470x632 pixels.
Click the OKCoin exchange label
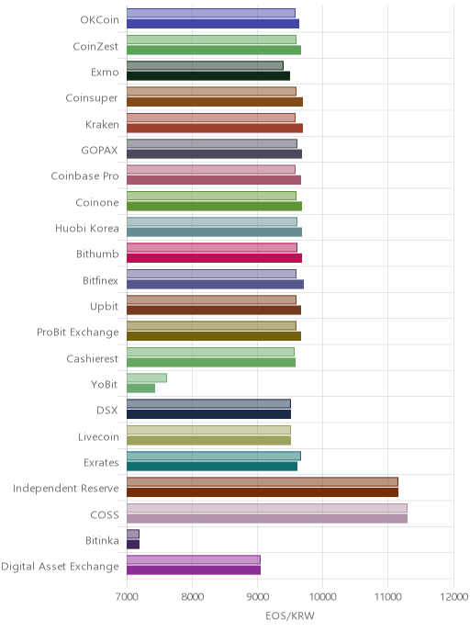99,20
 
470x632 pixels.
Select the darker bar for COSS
267,518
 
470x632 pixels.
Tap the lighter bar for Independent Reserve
263,481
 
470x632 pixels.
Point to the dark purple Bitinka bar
133,545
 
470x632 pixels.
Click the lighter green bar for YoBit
147,378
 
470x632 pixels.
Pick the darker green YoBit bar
141,389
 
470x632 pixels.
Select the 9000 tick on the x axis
257,596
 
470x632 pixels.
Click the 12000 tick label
453,596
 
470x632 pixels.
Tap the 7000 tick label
127,596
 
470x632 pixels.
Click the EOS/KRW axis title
290,615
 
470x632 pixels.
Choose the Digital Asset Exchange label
60,567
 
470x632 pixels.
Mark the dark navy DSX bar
208,414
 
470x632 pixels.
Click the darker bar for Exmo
208,76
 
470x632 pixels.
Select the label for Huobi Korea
87,229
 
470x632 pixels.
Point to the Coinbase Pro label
85,176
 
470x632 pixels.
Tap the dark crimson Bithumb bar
214,258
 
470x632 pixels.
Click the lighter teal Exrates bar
214,456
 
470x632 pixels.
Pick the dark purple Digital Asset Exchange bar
194,570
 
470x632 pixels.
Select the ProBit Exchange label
78,333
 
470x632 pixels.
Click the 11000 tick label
387,596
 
